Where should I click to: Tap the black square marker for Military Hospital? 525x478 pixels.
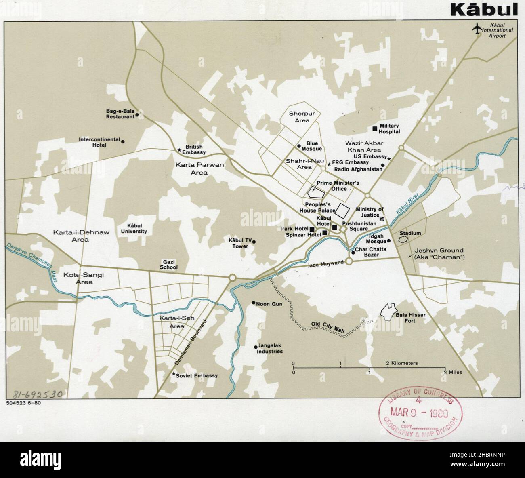[x=374, y=128]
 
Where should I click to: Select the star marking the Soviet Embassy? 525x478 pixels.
[x=174, y=374]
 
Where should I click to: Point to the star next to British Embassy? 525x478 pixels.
[x=179, y=150]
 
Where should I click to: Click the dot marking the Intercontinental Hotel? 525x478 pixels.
[x=123, y=141]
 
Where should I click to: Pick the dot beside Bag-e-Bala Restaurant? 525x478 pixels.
[x=137, y=115]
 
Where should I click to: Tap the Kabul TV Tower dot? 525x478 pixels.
[x=254, y=242]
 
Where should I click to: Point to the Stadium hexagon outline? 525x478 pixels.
[x=402, y=239]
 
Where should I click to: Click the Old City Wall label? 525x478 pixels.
[x=328, y=327]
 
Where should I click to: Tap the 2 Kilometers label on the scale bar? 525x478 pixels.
[x=402, y=363]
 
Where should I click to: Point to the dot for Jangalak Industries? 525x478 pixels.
[x=255, y=347]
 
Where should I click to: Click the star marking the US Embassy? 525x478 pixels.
[x=389, y=159]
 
